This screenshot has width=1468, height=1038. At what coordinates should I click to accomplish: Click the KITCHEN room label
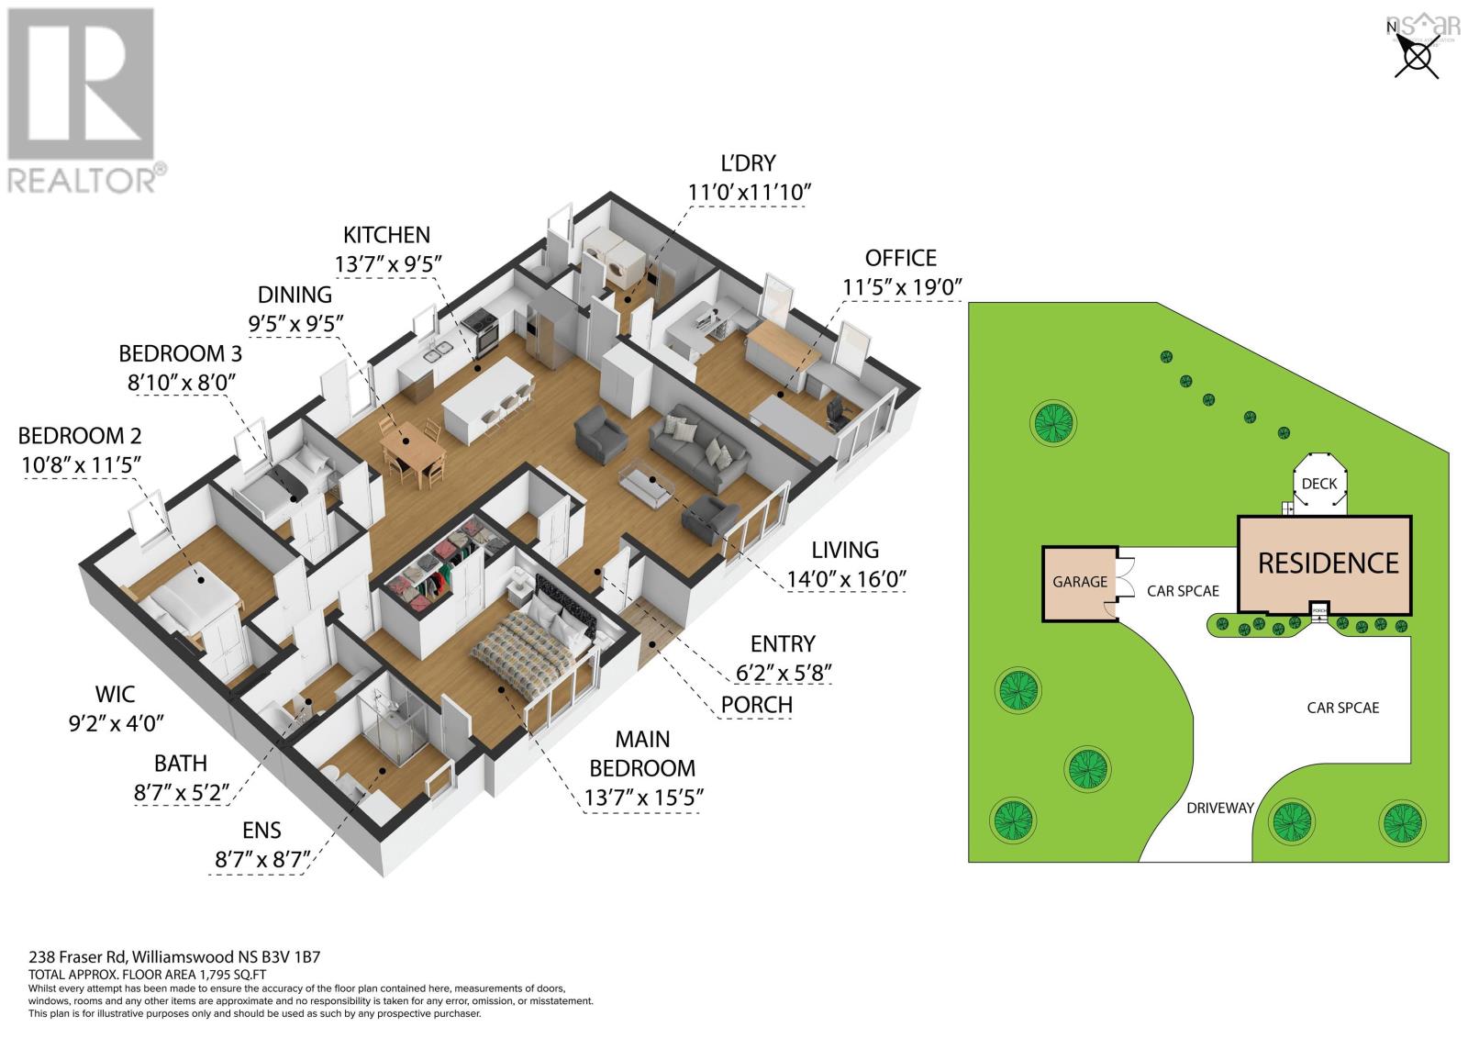(x=386, y=235)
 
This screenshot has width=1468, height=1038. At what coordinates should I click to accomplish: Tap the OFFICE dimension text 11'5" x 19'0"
(x=902, y=287)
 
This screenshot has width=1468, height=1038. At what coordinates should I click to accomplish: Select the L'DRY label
(x=748, y=162)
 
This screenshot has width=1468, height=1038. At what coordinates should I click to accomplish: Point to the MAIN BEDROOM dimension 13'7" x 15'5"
(x=643, y=798)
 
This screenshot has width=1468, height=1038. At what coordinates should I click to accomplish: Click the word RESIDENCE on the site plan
(x=1328, y=564)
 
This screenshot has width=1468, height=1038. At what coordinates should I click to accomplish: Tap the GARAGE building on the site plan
(x=1080, y=583)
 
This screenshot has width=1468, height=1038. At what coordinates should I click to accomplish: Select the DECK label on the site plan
(x=1319, y=484)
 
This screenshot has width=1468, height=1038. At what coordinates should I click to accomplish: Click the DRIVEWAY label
(x=1220, y=808)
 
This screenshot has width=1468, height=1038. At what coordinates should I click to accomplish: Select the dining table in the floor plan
(x=413, y=452)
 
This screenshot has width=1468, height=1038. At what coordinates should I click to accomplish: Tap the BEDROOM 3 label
(x=180, y=354)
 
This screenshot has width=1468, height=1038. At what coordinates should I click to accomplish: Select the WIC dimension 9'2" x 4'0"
(x=116, y=723)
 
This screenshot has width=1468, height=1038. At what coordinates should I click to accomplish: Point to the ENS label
(x=261, y=831)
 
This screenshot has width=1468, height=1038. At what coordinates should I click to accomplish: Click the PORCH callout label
(x=757, y=704)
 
